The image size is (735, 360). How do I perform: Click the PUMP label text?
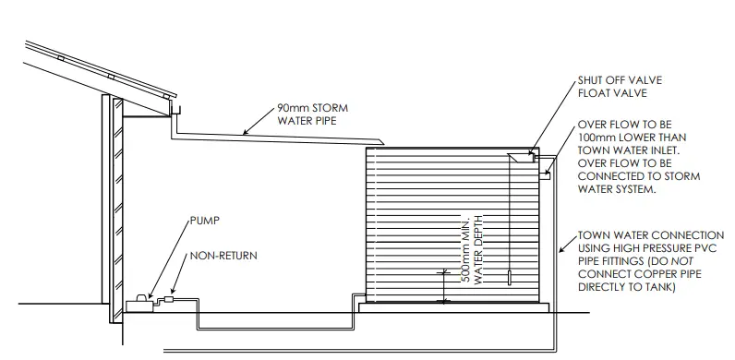pos(206,222)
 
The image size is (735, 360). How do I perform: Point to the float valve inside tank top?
pos(523,158)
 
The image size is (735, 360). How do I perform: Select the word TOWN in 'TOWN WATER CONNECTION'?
pos(593,235)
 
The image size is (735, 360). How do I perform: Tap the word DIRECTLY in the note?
pos(606,288)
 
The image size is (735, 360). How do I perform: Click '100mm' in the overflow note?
pos(596,136)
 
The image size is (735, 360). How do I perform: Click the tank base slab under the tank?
pos(452,308)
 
